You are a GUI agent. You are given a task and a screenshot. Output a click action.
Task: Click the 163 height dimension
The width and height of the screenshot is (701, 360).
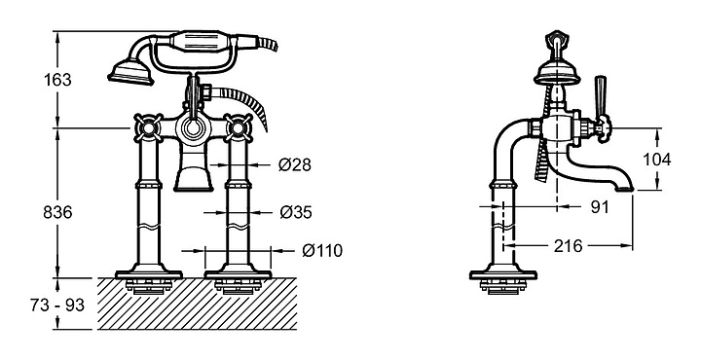click(57, 80)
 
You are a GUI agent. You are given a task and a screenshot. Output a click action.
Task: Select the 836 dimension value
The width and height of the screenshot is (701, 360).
click(57, 212)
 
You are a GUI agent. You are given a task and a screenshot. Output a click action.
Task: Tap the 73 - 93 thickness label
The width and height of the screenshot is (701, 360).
click(57, 306)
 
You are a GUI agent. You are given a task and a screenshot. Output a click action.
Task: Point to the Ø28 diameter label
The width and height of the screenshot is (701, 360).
click(295, 164)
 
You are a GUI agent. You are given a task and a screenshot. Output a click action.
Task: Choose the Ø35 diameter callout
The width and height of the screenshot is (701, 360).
click(296, 212)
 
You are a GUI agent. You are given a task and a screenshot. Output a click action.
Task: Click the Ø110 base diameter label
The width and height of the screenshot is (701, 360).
click(322, 251)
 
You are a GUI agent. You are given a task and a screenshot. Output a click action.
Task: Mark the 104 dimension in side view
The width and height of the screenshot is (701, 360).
click(657, 159)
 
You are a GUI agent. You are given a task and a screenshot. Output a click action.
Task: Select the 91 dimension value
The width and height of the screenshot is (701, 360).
click(600, 207)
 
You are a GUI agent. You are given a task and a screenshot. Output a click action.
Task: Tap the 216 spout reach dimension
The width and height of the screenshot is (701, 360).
click(569, 245)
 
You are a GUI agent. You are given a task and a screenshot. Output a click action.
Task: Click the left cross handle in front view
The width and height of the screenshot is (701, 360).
click(148, 127)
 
